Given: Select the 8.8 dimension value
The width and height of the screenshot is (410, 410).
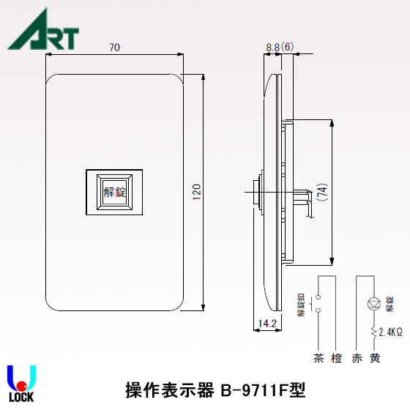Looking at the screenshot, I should click(x=273, y=46).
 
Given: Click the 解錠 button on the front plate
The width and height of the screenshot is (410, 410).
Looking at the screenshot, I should click(x=115, y=193).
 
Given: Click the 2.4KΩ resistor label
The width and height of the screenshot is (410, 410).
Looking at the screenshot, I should click(x=392, y=332).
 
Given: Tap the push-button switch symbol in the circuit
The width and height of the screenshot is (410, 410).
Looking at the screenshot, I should click(x=317, y=304).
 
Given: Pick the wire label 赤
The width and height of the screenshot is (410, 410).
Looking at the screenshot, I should click(x=357, y=359).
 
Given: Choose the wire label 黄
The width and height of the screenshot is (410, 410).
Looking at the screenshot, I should click(x=375, y=359).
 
